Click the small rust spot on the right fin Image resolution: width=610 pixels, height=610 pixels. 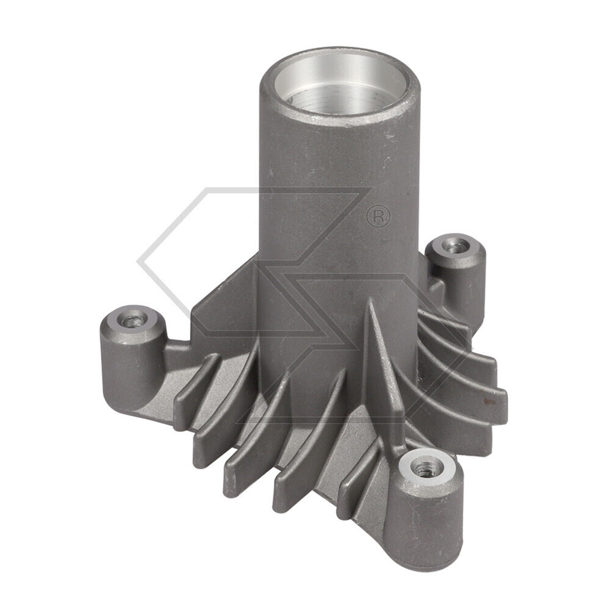click(486, 403)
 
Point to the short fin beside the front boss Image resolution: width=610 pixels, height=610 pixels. click(366, 488)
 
